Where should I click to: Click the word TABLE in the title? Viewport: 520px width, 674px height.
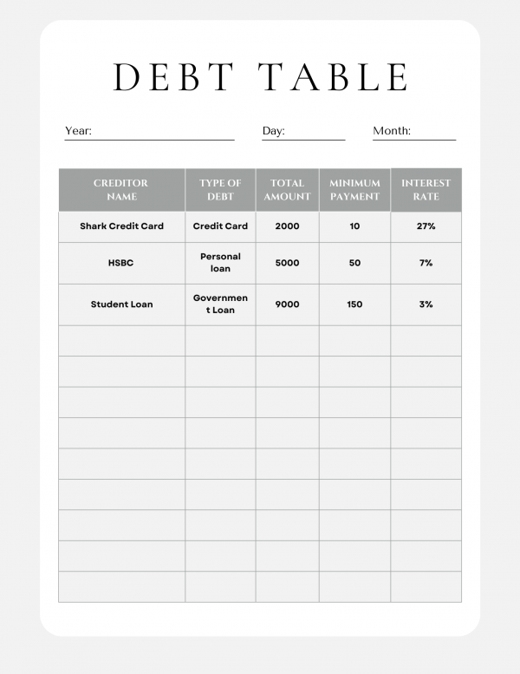(x=335, y=76)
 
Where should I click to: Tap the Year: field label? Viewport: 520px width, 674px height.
(x=78, y=131)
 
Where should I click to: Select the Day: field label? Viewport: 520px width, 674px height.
(x=273, y=131)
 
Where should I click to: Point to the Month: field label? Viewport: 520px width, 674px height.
(x=392, y=131)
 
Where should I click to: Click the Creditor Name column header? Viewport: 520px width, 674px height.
(x=121, y=189)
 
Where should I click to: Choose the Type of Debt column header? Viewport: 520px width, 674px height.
(x=220, y=189)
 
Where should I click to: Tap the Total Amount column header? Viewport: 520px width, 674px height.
(x=287, y=189)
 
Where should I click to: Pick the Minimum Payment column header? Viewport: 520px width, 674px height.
(x=354, y=189)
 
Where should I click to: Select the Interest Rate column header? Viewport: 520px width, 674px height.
(x=426, y=189)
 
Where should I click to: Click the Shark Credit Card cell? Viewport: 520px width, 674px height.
(x=121, y=226)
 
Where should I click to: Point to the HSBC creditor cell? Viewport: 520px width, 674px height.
(x=121, y=263)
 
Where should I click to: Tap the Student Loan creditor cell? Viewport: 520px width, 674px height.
(x=121, y=304)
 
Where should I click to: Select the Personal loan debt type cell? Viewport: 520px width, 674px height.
(x=220, y=263)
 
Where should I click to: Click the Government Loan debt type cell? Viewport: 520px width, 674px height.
(x=220, y=304)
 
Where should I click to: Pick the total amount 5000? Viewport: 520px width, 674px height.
(x=287, y=263)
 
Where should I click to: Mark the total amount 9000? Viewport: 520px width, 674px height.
(x=287, y=304)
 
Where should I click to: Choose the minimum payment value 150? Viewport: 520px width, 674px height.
(x=354, y=304)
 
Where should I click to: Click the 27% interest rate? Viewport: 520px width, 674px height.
(x=426, y=226)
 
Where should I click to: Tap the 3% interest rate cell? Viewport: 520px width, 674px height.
(x=426, y=304)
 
